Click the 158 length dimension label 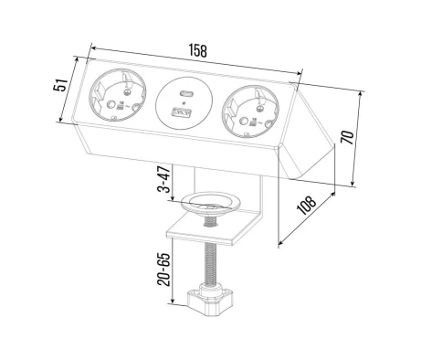pyautogui.click(x=198, y=50)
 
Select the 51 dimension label pyautogui.click(x=60, y=85)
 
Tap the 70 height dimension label pyautogui.click(x=347, y=137)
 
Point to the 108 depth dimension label pyautogui.click(x=306, y=206)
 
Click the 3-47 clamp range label pyautogui.click(x=164, y=179)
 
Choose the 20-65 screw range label pyautogui.click(x=163, y=270)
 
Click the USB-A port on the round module pyautogui.click(x=182, y=113)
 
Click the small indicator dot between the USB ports pyautogui.click(x=184, y=102)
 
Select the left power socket pyautogui.click(x=117, y=95)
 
